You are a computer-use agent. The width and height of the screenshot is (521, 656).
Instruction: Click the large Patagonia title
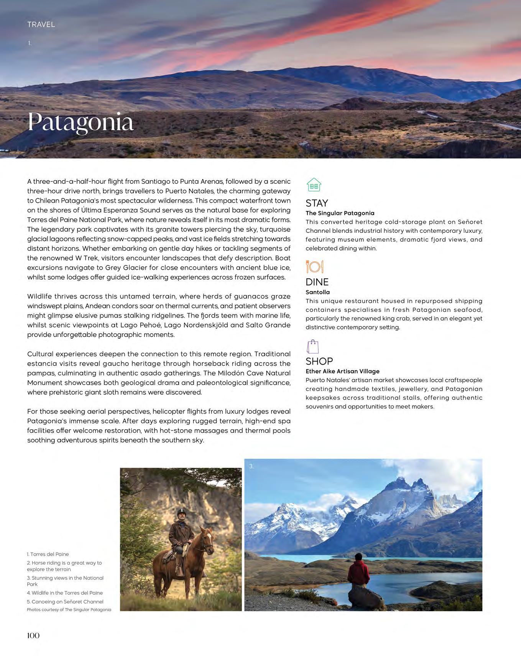(x=81, y=122)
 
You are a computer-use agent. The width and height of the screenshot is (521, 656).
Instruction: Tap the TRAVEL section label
(x=41, y=25)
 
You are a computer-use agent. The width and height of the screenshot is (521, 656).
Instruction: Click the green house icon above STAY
(x=314, y=185)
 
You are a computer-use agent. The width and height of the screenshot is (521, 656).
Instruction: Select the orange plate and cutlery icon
(x=314, y=266)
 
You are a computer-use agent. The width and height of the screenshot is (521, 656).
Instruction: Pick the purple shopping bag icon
(x=313, y=347)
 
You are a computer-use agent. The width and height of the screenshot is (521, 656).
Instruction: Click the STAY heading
(x=317, y=203)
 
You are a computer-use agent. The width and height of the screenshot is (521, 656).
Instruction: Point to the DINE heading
(x=317, y=282)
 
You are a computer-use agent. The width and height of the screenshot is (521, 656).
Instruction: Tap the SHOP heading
(x=319, y=361)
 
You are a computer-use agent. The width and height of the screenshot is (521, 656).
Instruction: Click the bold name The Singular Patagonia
(x=340, y=213)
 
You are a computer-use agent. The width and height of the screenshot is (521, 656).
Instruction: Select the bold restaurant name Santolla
(x=317, y=292)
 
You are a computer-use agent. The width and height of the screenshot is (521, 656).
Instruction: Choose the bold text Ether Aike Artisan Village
(x=342, y=371)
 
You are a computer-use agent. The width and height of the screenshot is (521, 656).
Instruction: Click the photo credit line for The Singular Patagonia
(x=69, y=610)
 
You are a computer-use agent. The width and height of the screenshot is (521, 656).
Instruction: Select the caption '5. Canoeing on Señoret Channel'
(x=65, y=602)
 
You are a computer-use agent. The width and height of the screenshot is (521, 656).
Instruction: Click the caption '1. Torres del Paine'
(x=48, y=554)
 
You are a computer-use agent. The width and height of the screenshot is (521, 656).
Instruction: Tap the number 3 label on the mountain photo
(x=251, y=466)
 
